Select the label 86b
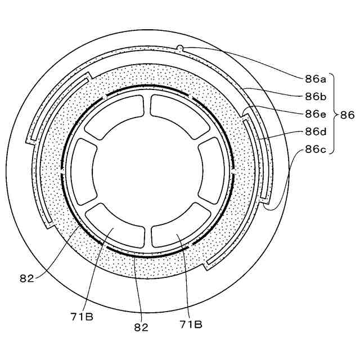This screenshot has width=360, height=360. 316,97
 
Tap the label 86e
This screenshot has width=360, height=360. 316,114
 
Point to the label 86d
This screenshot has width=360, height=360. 316,132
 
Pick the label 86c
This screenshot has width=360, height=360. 316,150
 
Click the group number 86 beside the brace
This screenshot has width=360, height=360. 346,114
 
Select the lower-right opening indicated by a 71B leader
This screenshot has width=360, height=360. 181,229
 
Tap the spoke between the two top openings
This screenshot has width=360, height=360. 148,105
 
